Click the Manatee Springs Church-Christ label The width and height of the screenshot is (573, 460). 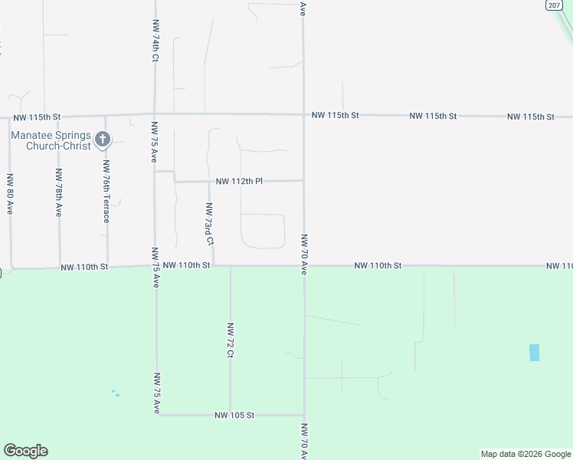pyautogui.click(x=50, y=140)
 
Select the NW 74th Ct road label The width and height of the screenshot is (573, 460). pyautogui.click(x=156, y=41)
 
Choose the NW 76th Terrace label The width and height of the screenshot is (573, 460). pyautogui.click(x=106, y=192)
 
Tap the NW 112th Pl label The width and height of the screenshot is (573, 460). pyautogui.click(x=239, y=182)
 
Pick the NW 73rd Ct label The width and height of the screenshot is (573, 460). pyautogui.click(x=208, y=224)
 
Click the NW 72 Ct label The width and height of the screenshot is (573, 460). pyautogui.click(x=230, y=340)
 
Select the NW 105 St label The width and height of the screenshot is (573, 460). pyautogui.click(x=234, y=415)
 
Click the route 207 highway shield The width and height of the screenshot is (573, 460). pyautogui.click(x=555, y=5)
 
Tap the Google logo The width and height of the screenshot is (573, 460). pyautogui.click(x=25, y=451)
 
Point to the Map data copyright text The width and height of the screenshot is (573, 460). pyautogui.click(x=526, y=454)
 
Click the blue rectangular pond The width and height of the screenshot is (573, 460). pyautogui.click(x=534, y=353)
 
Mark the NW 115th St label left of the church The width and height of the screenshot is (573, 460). pyautogui.click(x=37, y=117)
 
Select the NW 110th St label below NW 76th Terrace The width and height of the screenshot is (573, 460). pyautogui.click(x=85, y=267)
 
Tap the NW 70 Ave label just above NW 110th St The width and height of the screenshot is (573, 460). pyautogui.click(x=304, y=255)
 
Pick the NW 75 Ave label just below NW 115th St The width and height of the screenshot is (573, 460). pyautogui.click(x=154, y=142)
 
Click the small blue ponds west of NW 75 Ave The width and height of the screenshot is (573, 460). pyautogui.click(x=115, y=393)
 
